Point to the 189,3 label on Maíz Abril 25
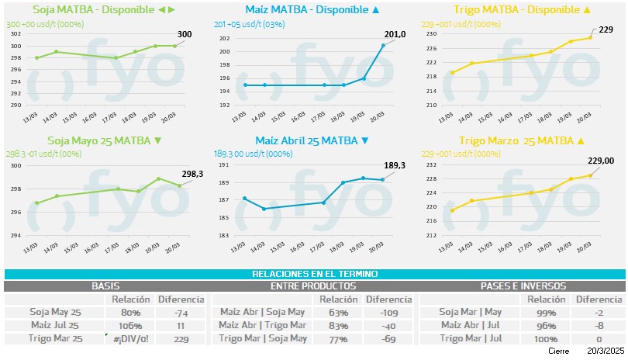tap(395, 166)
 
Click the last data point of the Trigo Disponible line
tap(590, 37)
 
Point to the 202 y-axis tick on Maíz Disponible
tap(225, 39)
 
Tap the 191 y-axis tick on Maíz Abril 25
tap(225, 165)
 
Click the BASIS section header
tap(105, 286)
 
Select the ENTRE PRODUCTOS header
tap(314, 286)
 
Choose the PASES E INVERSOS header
tap(523, 286)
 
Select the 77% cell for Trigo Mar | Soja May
tap(338, 338)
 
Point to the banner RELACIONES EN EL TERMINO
tap(314, 275)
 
